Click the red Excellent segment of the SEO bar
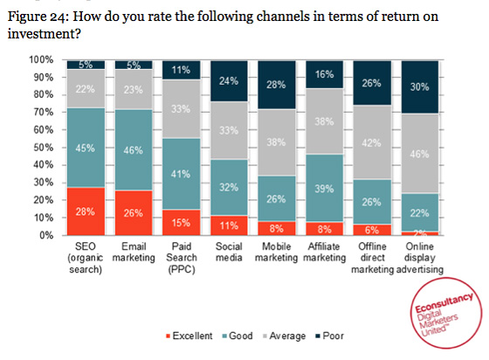(86, 211)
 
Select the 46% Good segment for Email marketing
(134, 150)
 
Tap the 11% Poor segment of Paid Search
(182, 70)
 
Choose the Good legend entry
(238, 336)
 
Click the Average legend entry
(286, 336)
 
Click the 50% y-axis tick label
(44, 148)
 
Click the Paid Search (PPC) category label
(182, 259)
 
